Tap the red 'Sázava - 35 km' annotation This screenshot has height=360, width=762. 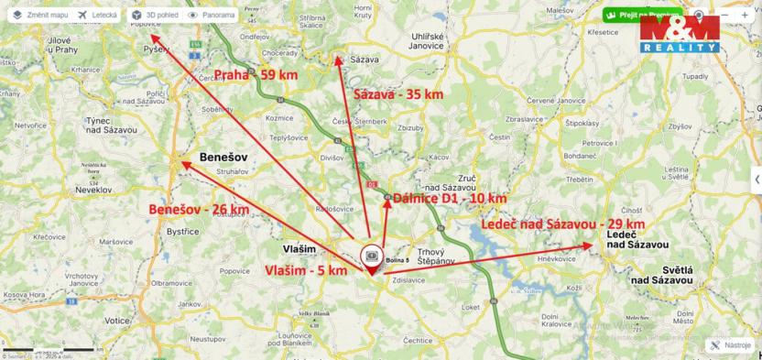pyautogui.click(x=397, y=94)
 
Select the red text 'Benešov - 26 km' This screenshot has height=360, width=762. pyautogui.click(x=199, y=209)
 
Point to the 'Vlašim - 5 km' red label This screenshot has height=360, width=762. pyautogui.click(x=306, y=270)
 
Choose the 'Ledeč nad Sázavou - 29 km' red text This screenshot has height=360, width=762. pyautogui.click(x=562, y=224)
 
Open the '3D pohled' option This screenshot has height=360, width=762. pyautogui.click(x=154, y=16)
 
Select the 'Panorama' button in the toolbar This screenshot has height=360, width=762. pyautogui.click(x=212, y=16)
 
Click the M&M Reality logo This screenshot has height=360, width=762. pyautogui.click(x=680, y=34)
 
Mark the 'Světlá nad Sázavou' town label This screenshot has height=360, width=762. pyautogui.click(x=669, y=274)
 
